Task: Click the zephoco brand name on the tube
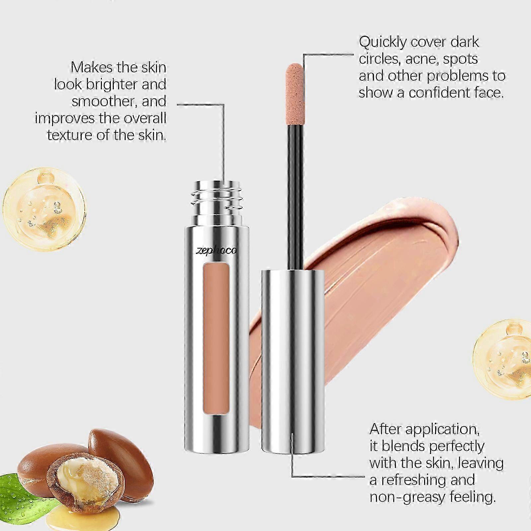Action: [216, 250]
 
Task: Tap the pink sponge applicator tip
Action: [294, 88]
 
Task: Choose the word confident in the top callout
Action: [438, 93]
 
